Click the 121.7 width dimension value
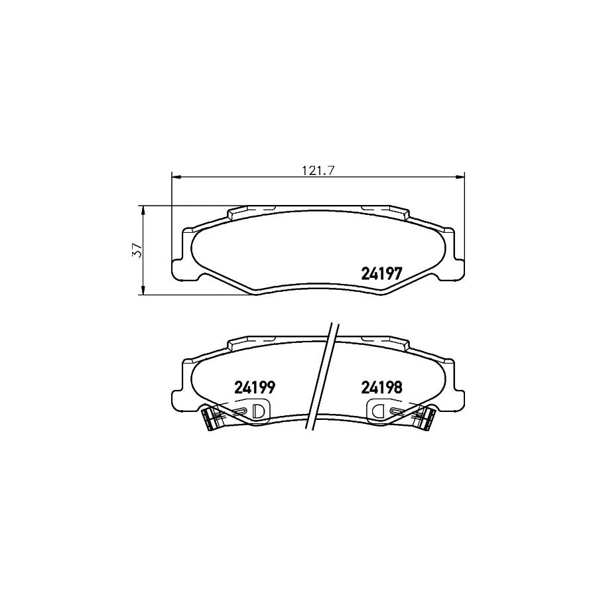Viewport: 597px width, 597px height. point(317,170)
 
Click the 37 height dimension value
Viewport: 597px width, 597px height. point(137,250)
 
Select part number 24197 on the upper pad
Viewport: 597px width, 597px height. point(382,273)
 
